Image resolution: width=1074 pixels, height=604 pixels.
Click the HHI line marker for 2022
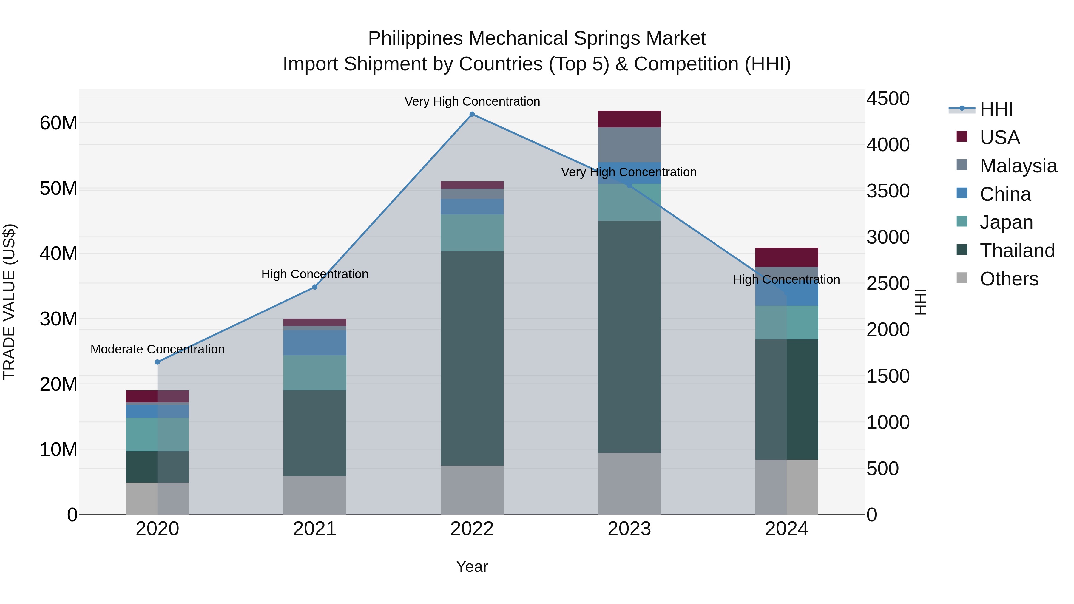472,114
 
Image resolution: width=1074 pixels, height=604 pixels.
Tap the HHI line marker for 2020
157,362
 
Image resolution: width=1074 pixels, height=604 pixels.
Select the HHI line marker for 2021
315,287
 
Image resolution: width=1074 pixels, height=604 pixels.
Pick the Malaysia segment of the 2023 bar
629,145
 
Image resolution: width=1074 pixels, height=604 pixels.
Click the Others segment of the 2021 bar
315,495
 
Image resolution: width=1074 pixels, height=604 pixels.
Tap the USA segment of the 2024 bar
787,257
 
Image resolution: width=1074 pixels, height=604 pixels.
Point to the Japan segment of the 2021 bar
315,373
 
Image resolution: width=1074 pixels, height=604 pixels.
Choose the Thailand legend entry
1017,251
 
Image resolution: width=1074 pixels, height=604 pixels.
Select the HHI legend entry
996,109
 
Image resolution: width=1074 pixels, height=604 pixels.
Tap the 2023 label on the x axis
629,529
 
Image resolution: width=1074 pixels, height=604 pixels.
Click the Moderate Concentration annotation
157,349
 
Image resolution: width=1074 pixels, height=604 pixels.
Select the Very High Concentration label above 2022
472,101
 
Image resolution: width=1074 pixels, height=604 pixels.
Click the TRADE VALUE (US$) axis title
9,302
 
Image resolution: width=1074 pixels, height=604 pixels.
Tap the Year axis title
472,566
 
